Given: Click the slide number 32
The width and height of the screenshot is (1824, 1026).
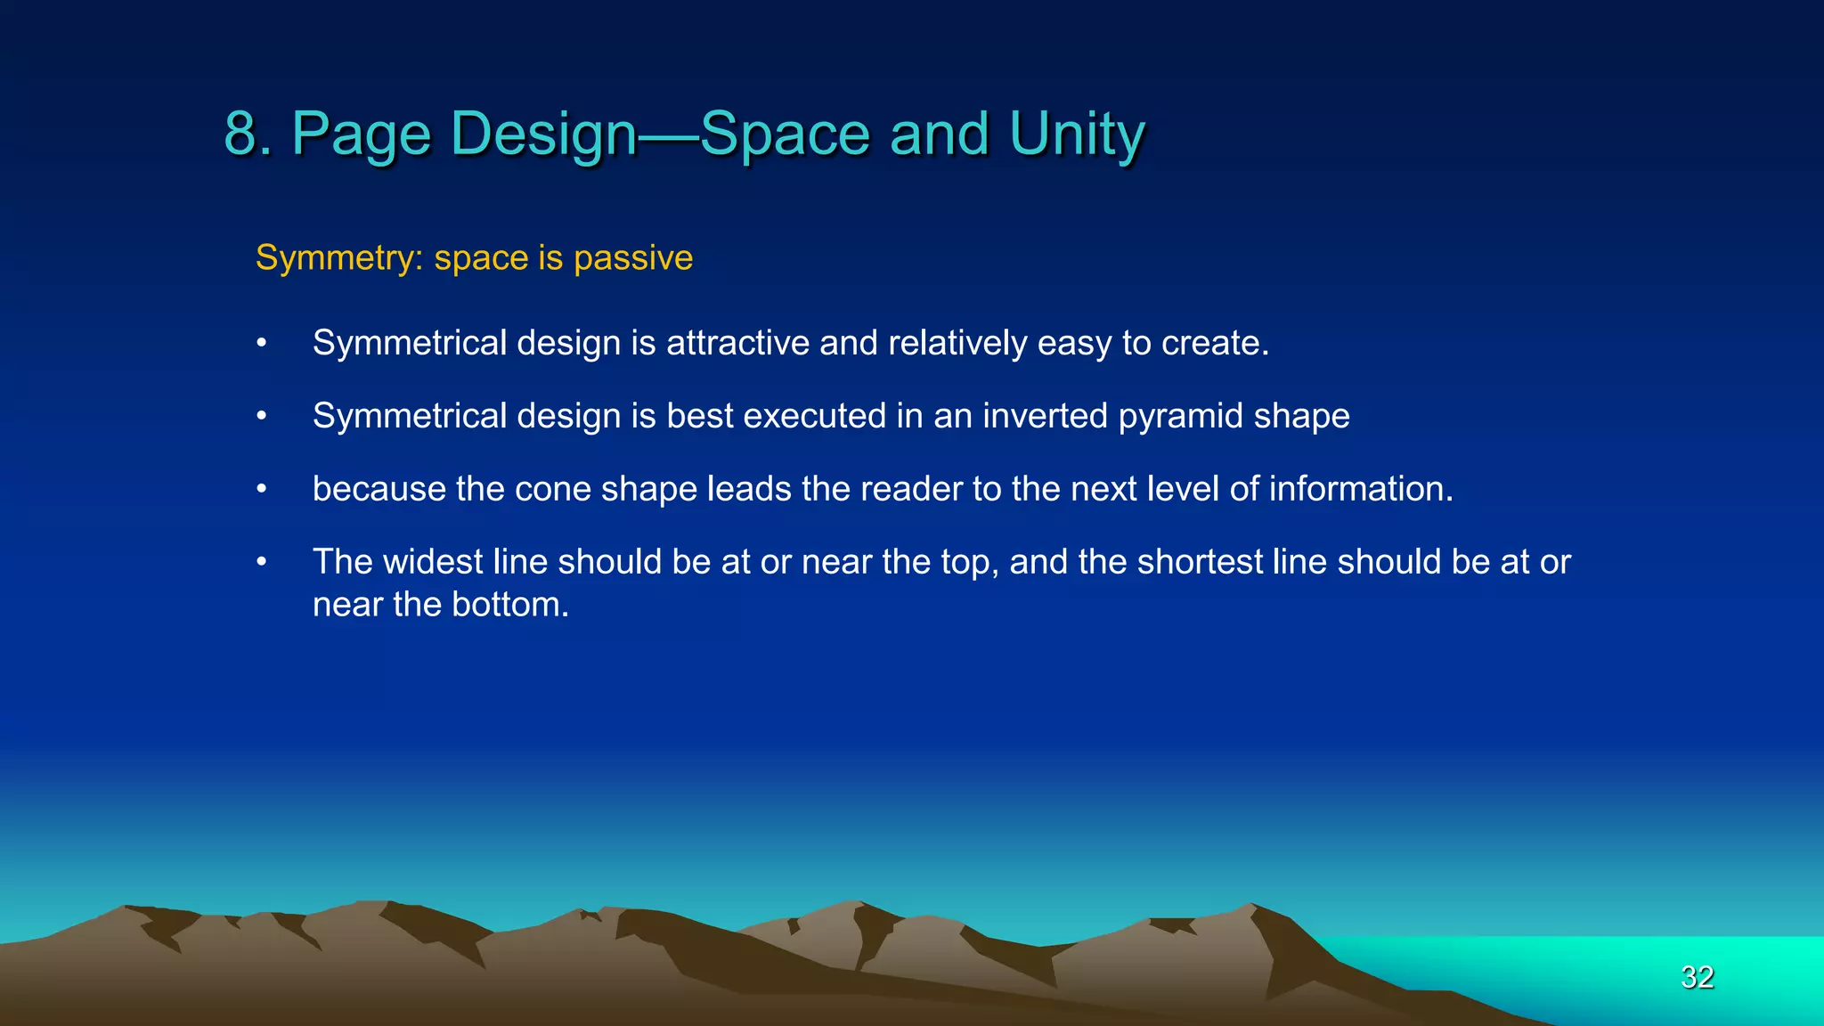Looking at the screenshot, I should (1697, 977).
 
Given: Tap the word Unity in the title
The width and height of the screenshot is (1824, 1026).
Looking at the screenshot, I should (1077, 134).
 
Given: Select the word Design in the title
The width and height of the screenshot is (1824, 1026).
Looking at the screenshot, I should (543, 134).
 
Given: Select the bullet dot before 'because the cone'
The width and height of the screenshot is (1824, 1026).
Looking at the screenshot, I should (261, 489).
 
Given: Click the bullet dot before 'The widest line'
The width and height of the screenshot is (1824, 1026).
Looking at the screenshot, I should (261, 562).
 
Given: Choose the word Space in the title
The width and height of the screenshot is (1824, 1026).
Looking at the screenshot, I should (785, 134).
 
